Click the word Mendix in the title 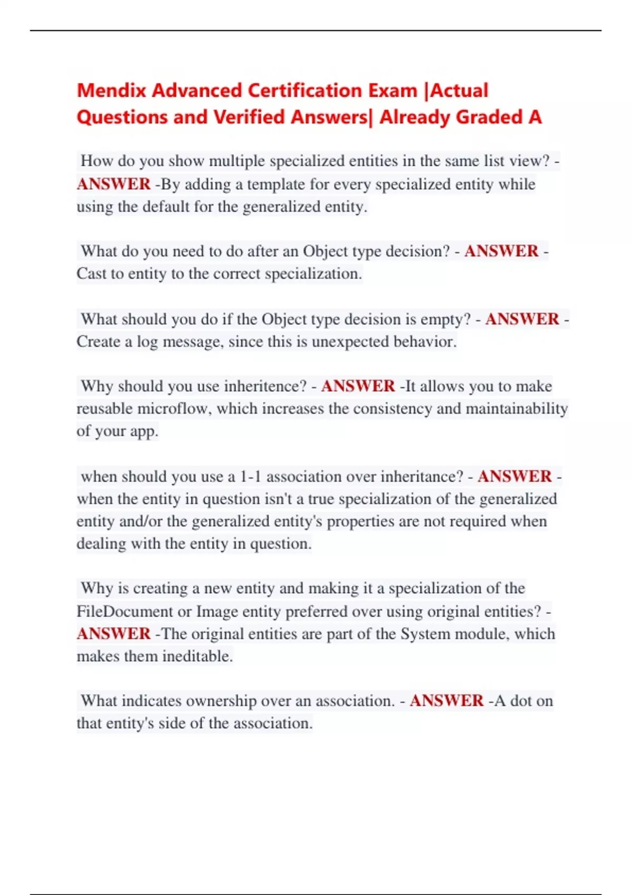[x=112, y=91]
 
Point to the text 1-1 [x=251, y=476]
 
